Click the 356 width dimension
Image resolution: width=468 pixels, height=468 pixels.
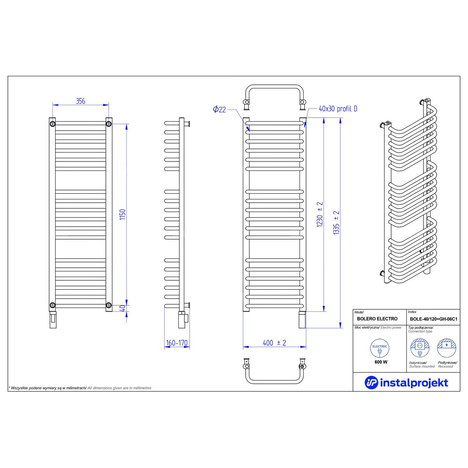(80, 101)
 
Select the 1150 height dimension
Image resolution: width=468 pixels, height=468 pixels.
(123, 215)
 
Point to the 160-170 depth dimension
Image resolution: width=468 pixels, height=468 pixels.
(177, 343)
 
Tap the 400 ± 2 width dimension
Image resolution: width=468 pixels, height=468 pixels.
(274, 343)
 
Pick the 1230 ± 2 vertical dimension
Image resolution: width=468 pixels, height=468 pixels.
(320, 214)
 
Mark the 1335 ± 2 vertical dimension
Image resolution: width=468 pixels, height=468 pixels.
(336, 222)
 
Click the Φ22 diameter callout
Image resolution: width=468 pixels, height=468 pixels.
(219, 110)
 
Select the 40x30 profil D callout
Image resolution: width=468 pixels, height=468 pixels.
(338, 109)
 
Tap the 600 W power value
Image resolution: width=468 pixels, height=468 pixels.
(381, 362)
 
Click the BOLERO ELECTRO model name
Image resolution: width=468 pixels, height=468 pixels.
(377, 319)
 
